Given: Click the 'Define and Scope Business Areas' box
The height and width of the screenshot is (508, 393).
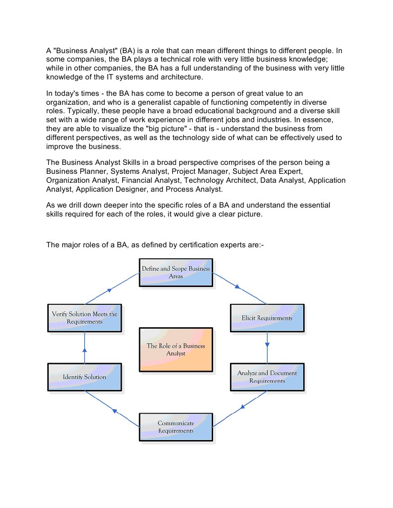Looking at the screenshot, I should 176,272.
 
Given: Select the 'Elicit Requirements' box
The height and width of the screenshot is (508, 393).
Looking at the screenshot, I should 267,318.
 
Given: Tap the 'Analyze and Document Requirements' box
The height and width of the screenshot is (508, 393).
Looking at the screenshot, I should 267,377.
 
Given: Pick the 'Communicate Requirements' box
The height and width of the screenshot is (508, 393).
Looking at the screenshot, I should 176,427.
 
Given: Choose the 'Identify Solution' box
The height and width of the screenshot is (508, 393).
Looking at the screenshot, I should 84,377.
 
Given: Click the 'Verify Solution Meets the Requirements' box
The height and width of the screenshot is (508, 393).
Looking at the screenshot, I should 84,318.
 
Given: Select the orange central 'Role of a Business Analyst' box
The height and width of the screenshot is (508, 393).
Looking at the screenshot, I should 176,349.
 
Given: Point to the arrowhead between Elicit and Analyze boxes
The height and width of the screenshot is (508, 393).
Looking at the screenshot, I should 268,344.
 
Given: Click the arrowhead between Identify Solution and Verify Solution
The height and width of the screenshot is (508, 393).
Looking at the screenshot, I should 84,350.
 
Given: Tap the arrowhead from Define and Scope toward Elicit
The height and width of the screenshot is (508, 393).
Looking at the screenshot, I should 238,287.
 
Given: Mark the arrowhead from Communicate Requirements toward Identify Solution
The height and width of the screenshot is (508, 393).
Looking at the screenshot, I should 114,411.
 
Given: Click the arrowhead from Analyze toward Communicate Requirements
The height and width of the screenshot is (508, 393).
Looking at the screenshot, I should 243,407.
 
